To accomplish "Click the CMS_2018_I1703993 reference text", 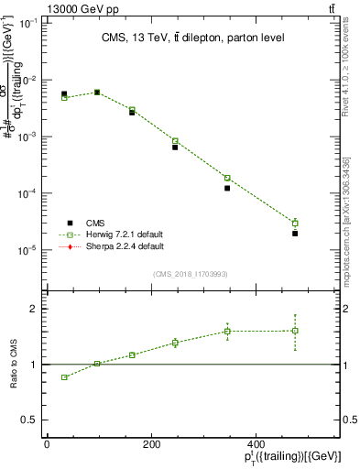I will [191, 274].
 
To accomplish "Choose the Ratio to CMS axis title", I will [14, 365].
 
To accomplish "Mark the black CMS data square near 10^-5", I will [295, 234].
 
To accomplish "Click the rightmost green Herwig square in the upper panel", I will [295, 223].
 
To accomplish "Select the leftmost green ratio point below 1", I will [64, 377].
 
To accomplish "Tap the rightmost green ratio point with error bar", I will [295, 331].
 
